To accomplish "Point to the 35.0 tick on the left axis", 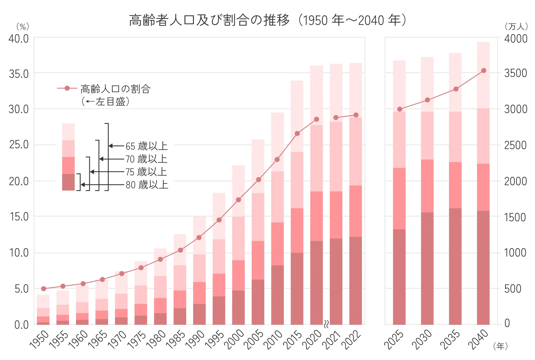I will [19, 74].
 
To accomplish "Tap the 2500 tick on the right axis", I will [515, 145].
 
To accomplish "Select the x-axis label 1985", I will [176, 339].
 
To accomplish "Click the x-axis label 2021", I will [332, 339].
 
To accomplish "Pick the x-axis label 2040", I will [478, 339].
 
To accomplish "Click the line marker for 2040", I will [483, 70].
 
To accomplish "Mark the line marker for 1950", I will [43, 289].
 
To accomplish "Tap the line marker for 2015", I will [297, 133].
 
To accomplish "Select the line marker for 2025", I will [400, 109].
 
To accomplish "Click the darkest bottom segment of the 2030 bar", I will [427, 269].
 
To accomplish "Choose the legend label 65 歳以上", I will [146, 146].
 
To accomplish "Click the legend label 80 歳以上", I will [147, 185].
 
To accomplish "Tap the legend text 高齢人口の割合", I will [116, 89].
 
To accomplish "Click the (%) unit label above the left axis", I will [23, 27].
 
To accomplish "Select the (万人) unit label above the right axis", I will [516, 27].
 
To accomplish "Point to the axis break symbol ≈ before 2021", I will [326, 324].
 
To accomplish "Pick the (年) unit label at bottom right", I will [500, 346].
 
